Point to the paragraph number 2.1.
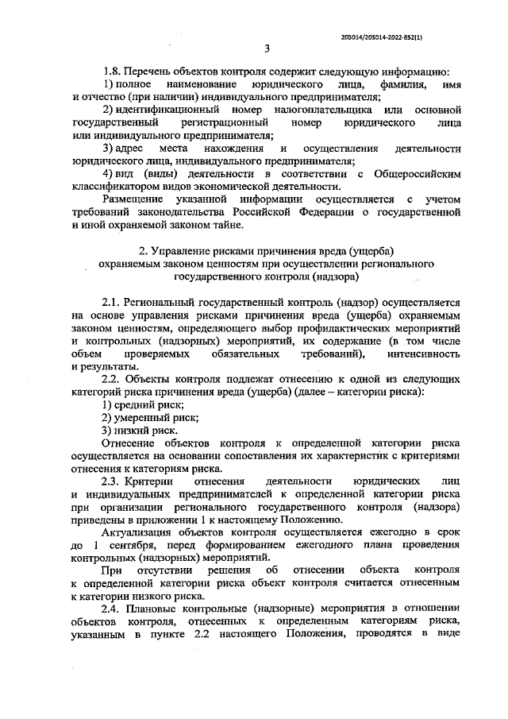coord(114,303)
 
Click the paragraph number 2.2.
coord(114,379)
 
